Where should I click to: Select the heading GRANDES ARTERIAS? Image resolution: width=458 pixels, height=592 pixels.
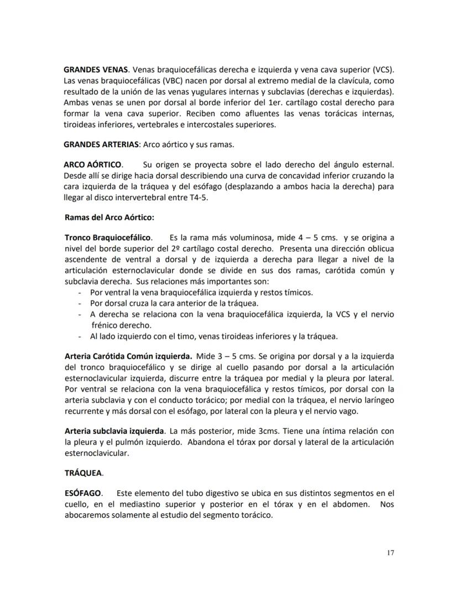pos(102,145)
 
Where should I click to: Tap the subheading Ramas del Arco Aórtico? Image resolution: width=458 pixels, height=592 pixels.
pos(109,217)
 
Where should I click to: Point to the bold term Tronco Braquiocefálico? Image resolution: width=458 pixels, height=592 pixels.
pos(107,237)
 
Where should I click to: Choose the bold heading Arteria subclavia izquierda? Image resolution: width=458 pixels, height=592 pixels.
pos(114,431)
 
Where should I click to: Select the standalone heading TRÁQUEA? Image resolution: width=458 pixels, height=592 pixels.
pos(84,473)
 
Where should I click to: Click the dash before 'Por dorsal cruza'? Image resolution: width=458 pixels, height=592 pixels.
pos(81,303)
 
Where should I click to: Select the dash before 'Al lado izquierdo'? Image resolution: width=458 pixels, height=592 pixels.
pos(81,336)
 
